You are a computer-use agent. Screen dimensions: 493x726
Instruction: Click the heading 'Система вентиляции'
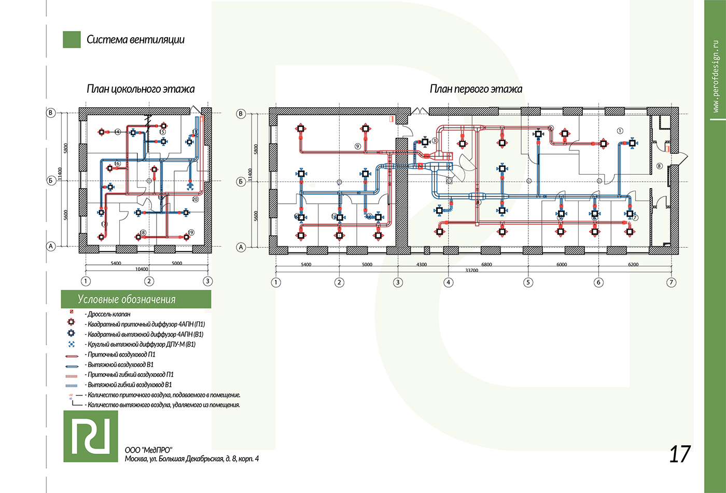[x=135, y=39]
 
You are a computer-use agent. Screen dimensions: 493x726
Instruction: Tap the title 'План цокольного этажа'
[x=141, y=89]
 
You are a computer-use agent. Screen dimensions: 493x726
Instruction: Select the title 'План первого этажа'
[x=476, y=89]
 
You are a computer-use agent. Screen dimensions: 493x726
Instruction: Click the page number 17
[x=679, y=454]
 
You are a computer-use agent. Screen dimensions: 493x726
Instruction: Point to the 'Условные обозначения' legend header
[x=127, y=300]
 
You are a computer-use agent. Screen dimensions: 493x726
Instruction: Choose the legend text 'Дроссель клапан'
[x=109, y=314]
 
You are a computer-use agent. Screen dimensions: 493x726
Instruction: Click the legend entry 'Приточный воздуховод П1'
[x=121, y=355]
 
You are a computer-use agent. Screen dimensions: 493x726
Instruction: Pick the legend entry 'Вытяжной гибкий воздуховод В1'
[x=130, y=385]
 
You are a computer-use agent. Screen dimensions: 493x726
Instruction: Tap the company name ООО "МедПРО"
[x=148, y=450]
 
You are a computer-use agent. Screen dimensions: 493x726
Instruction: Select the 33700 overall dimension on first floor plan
[x=471, y=270]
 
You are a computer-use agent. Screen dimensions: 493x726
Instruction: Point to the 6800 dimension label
[x=486, y=264]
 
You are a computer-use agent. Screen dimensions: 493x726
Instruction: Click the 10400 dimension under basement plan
[x=142, y=269]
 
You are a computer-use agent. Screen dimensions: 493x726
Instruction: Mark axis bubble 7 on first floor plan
[x=672, y=283]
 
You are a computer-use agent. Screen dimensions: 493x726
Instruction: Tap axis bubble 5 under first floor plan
[x=528, y=283]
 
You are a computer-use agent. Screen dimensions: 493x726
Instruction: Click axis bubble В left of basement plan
[x=51, y=112]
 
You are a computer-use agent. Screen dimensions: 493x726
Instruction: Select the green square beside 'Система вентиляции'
[x=72, y=39]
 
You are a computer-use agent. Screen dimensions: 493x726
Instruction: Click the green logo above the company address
[x=91, y=436]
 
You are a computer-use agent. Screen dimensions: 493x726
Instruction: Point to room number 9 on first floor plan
[x=358, y=146]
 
